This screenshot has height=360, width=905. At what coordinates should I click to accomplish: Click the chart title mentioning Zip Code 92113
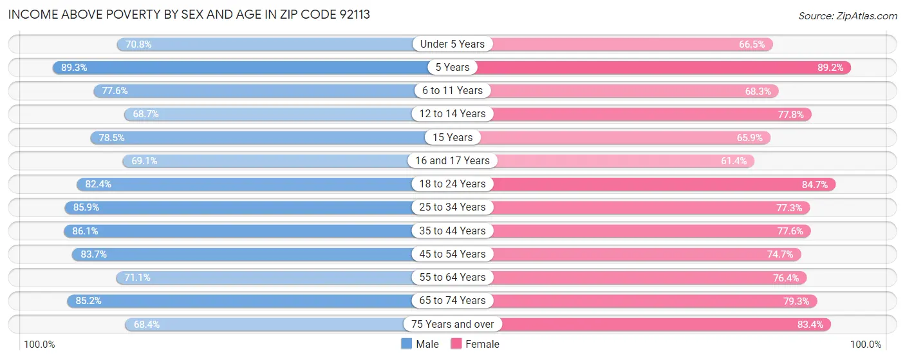click(x=189, y=14)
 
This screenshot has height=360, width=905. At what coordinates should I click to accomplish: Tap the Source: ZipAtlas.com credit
click(x=847, y=15)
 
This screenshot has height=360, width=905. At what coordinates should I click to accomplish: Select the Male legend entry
click(x=420, y=344)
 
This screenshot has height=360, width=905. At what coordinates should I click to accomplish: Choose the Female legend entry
click(x=475, y=344)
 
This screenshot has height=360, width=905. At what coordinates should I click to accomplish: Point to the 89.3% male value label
click(x=74, y=67)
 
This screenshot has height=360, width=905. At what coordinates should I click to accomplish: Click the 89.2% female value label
click(x=830, y=67)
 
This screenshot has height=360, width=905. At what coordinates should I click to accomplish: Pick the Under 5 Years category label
click(x=452, y=44)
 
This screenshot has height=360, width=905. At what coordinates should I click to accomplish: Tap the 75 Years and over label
click(x=452, y=324)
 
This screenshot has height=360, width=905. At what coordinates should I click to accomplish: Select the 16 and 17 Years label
click(x=452, y=160)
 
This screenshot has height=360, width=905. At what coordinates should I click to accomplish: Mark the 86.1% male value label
click(x=85, y=231)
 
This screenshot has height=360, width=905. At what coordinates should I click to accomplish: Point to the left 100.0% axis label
click(x=40, y=345)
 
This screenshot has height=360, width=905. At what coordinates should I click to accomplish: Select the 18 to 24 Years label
click(x=452, y=184)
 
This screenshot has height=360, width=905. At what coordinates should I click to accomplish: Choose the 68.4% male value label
click(x=147, y=324)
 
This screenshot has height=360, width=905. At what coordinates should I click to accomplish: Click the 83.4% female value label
click(x=810, y=324)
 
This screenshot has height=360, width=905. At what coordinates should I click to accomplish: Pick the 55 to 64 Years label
click(x=452, y=277)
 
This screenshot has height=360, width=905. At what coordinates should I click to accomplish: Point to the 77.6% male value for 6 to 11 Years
click(x=115, y=91)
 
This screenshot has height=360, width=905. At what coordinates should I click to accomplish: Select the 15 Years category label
click(x=452, y=137)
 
